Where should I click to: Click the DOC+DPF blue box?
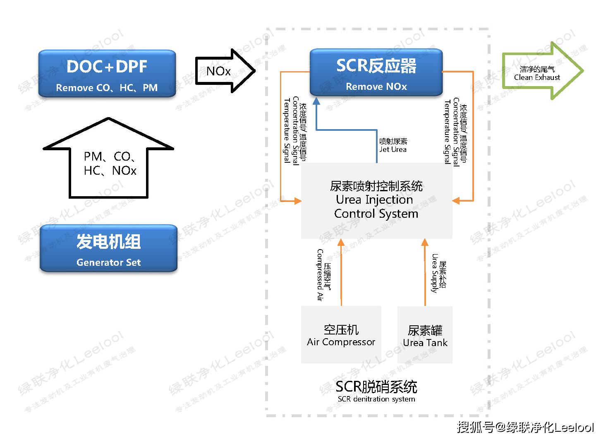coord(107,74)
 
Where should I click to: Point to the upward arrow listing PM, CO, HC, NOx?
coord(109,161)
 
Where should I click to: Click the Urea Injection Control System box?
coord(376,200)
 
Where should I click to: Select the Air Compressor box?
coord(341,335)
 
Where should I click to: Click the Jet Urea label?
coord(393,145)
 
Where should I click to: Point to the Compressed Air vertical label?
coord(323,275)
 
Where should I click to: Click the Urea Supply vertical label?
coord(438,273)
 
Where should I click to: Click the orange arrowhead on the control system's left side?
coord(297,201)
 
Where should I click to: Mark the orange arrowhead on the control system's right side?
coord(456,201)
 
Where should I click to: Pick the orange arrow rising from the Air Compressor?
coord(341,273)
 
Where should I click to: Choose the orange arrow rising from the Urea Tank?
coord(425,273)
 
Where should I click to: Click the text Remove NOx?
coord(376,87)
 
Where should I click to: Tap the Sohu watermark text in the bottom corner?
coord(525,427)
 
